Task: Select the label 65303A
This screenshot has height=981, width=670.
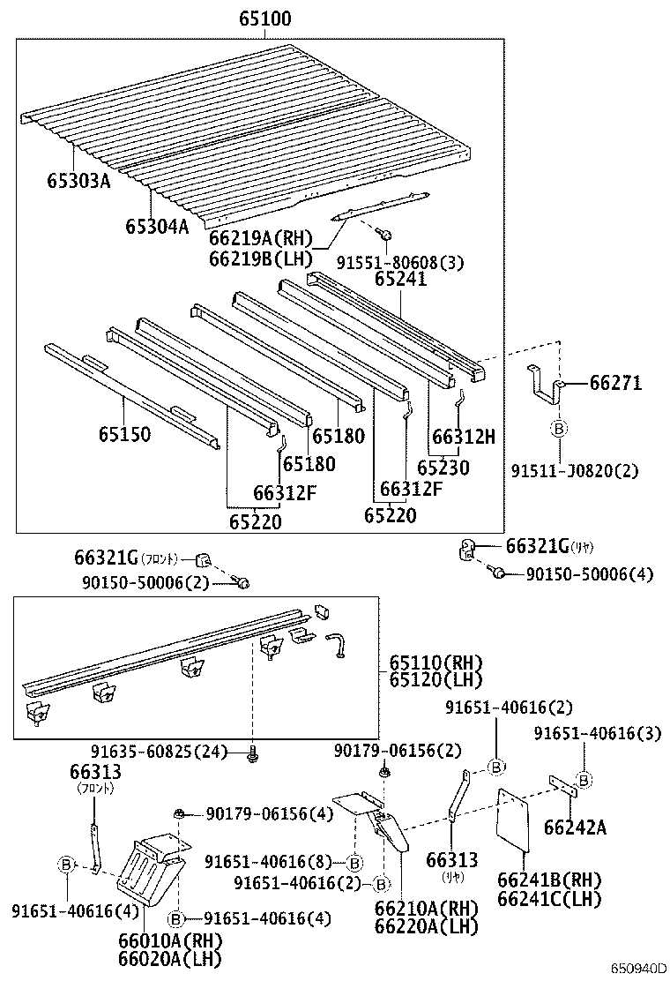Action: (x=78, y=182)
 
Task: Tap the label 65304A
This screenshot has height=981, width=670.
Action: (x=157, y=227)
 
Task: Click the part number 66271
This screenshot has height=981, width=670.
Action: (x=615, y=383)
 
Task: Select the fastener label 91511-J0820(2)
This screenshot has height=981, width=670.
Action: (x=575, y=471)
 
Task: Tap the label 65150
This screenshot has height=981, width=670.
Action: (x=123, y=434)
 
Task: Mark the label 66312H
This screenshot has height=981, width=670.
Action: (x=463, y=435)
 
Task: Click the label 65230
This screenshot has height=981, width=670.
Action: (x=443, y=468)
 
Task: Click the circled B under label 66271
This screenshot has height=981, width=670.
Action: (x=558, y=429)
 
